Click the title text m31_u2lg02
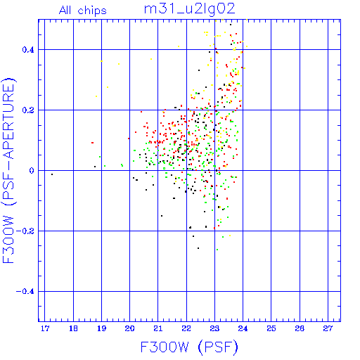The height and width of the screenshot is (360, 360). (189, 9)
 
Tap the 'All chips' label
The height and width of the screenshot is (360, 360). (83, 11)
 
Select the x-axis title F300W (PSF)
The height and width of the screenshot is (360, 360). (189, 347)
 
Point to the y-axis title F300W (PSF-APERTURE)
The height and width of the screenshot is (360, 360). (9, 171)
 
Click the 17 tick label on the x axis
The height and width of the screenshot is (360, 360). (45, 328)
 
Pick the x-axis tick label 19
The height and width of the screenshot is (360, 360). (101, 328)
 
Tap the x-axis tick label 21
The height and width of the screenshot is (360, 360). (158, 328)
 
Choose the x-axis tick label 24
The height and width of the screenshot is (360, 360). (243, 328)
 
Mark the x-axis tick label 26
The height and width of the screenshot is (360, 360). (300, 328)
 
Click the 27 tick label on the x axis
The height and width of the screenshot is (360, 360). (328, 328)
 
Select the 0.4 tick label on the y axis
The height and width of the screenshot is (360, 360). (28, 50)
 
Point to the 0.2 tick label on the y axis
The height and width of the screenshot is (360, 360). (28, 110)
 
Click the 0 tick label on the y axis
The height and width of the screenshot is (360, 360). (32, 171)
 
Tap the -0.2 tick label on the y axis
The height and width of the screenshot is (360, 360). (25, 231)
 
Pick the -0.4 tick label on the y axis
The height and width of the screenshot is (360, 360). (25, 292)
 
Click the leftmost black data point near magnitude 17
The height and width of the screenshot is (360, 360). (52, 174)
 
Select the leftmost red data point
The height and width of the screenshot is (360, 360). (93, 143)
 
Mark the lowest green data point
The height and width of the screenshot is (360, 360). (217, 250)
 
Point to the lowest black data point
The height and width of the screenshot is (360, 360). (198, 248)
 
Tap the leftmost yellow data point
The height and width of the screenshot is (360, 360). (96, 96)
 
